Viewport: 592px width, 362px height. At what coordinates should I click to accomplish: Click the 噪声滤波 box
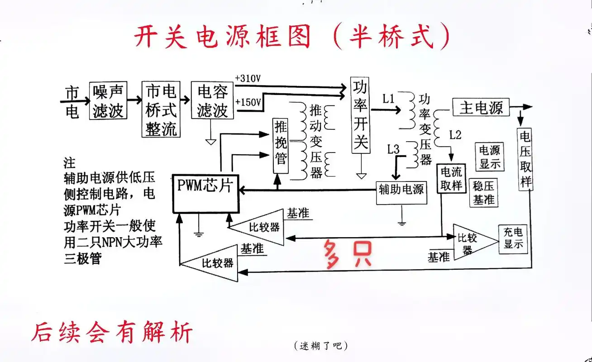coord(108,100)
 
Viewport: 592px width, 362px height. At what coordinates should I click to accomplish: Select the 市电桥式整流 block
coord(161,110)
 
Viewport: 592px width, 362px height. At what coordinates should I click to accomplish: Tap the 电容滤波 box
coord(212,100)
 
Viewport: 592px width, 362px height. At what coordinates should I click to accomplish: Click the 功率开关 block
coord(361,115)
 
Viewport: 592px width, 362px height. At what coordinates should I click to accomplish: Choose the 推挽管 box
coord(281,145)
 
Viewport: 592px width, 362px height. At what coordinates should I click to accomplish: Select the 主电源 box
coord(481,108)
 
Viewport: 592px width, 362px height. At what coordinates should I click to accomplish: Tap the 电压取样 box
coord(525,160)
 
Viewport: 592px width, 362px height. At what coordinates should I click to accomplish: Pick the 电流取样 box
coord(451,179)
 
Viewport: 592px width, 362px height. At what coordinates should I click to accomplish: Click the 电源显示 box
coord(490,157)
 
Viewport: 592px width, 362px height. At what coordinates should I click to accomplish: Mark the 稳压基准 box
coord(484,192)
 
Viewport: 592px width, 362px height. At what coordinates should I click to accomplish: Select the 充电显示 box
coord(513,238)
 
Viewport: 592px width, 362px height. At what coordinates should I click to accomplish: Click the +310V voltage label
coord(248,78)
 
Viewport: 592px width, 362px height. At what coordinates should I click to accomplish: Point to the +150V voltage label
coord(248,102)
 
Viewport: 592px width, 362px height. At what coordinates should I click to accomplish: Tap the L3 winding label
coord(393,148)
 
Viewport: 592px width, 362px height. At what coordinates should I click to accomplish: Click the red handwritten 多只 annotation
coord(347,254)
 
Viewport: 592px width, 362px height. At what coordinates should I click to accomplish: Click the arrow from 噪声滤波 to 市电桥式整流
coord(134,99)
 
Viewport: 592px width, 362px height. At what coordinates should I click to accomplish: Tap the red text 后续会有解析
coord(112,332)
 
